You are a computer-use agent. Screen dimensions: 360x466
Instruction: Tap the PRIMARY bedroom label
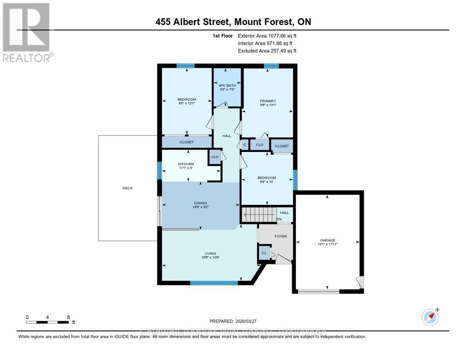coord(268,101)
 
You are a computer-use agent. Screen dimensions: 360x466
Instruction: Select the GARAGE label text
coord(328,240)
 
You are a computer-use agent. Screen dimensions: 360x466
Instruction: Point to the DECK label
coord(127,188)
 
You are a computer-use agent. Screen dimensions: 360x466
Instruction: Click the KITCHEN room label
coord(186,164)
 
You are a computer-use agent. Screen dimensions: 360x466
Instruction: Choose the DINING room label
coord(200,203)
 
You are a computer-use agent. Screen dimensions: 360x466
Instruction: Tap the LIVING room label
coord(210,254)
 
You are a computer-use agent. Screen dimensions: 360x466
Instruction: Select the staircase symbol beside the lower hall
coord(258,214)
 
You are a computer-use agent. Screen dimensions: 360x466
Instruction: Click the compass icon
coord(430,316)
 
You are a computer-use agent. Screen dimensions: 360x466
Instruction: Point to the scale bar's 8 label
coord(68,317)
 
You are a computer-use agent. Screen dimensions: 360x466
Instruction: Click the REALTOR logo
coord(26,32)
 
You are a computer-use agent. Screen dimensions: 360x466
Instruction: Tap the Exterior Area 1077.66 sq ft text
coord(268,35)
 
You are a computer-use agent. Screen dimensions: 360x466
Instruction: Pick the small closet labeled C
coord(245,145)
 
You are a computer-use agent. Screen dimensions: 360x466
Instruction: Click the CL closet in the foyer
coord(264,253)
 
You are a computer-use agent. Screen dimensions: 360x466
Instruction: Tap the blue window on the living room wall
coord(214,283)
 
